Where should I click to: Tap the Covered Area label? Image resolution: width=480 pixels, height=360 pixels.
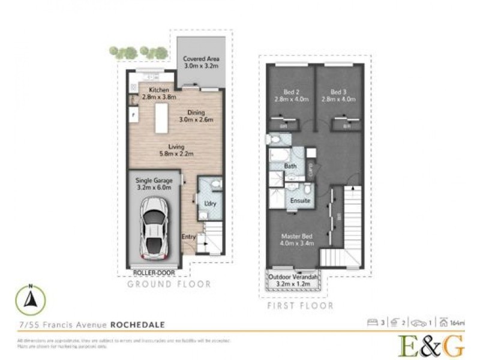[x=200, y=62]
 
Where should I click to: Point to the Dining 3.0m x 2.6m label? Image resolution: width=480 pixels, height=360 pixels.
[x=196, y=116]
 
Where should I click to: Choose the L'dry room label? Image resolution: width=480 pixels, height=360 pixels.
[x=210, y=204]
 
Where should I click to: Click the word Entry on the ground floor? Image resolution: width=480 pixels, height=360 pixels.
[x=189, y=236]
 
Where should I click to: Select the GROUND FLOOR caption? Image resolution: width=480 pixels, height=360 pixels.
[x=169, y=284]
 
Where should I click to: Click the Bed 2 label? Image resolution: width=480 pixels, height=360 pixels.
[x=292, y=95]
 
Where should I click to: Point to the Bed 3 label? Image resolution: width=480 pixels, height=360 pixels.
[x=339, y=95]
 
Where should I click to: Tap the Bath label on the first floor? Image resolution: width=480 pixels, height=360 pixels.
[x=290, y=166]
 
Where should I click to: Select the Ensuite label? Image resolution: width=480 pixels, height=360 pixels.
[x=299, y=200]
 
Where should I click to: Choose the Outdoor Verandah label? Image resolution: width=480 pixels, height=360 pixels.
[x=293, y=280]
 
